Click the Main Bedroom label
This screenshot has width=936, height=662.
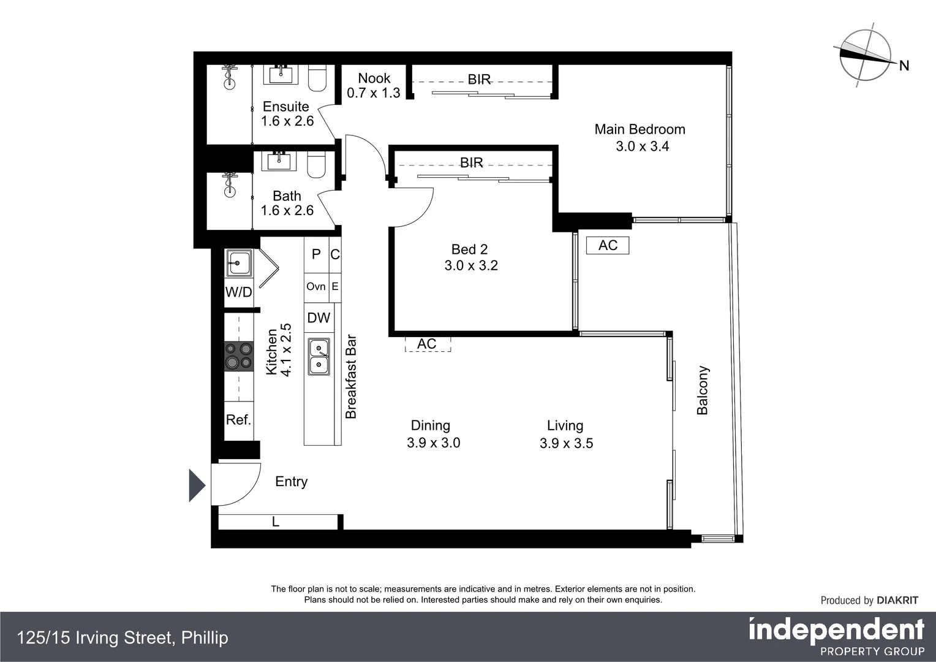coord(640,129)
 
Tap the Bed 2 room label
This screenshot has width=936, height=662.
coord(469,249)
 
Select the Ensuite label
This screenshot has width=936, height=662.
coord(285,107)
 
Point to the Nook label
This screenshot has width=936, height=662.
coord(374,78)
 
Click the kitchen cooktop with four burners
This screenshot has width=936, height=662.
coord(239,356)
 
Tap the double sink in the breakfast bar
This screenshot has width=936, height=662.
coord(319,357)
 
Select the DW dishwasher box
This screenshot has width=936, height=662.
coord(319,318)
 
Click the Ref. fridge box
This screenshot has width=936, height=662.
coord(238,420)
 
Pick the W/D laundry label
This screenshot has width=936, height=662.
coord(238,292)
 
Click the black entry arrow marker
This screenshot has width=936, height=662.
coord(196,485)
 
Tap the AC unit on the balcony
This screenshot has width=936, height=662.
coord(608,245)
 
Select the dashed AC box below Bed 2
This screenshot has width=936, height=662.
coord(427,344)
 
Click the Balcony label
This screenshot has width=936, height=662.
coord(703,390)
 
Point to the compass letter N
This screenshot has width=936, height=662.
coord(904,66)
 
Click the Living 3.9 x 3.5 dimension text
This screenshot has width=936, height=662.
coord(566,443)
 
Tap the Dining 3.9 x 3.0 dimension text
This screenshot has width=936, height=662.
coord(433,443)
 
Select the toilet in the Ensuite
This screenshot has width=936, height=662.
coord(317,78)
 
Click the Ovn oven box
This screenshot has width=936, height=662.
coord(316,286)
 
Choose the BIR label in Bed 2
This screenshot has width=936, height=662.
coord(471,162)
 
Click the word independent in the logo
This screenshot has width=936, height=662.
coord(836,630)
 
